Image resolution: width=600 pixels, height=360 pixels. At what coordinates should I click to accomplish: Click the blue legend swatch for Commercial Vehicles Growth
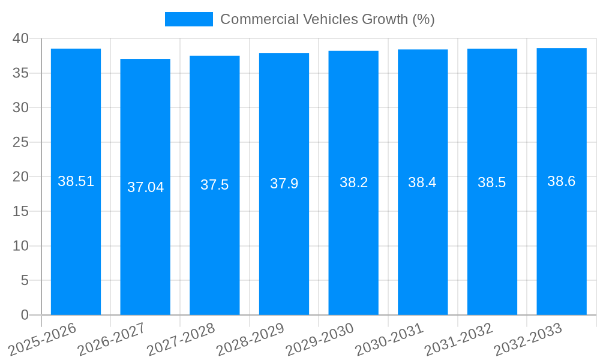[x=188, y=19]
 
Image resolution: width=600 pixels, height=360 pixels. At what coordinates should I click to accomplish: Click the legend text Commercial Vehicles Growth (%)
[x=327, y=19]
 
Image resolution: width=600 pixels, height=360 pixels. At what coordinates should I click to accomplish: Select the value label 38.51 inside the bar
[x=76, y=181]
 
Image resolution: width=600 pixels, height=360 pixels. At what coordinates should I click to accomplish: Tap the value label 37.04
[x=145, y=187]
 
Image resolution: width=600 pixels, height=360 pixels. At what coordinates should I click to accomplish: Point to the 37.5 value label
[x=214, y=185]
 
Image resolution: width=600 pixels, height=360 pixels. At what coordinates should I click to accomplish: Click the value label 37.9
[x=284, y=184]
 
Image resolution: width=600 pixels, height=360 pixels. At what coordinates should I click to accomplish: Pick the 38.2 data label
[x=353, y=182]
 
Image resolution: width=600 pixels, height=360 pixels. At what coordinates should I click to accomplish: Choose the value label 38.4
[x=422, y=182]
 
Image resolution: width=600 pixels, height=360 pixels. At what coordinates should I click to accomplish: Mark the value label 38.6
[x=561, y=181]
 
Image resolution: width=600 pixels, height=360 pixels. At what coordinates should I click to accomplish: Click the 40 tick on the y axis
[x=20, y=38]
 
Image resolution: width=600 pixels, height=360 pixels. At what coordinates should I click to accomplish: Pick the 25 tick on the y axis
[x=20, y=142]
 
